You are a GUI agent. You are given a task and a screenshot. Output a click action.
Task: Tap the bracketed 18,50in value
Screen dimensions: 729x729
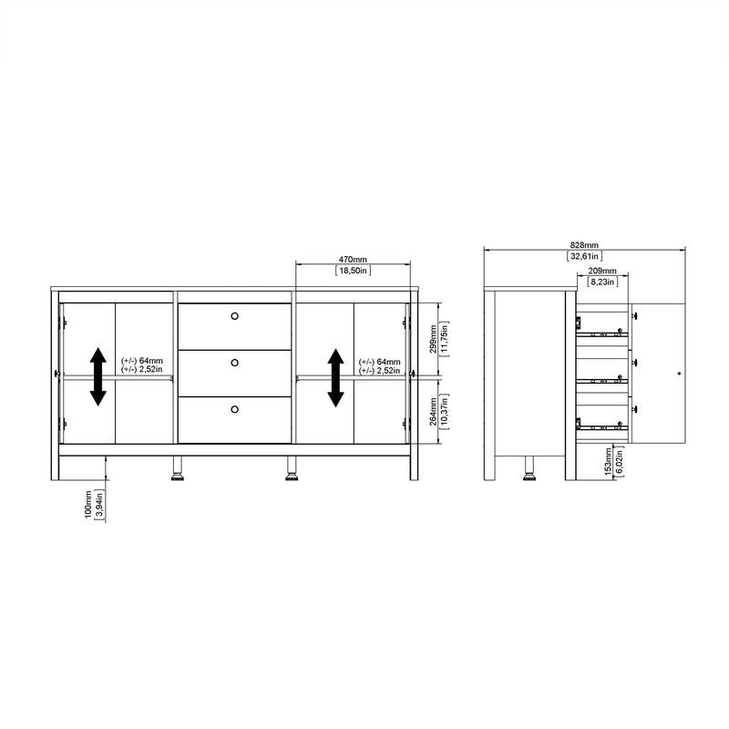[x=353, y=271]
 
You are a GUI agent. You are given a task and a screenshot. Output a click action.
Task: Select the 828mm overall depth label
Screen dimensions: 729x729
[x=584, y=245]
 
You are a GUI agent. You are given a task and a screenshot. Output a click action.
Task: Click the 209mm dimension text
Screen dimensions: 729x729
[x=601, y=272]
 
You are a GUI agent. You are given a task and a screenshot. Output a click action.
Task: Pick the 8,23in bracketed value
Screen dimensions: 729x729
[x=601, y=283]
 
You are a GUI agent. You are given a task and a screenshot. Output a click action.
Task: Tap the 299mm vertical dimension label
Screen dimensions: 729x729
[x=433, y=335]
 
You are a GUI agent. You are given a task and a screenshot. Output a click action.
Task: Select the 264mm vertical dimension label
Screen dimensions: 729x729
[x=433, y=411]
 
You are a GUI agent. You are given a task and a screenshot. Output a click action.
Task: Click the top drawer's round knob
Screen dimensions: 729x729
[x=234, y=316]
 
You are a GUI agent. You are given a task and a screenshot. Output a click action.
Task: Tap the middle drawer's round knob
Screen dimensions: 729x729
[x=234, y=363]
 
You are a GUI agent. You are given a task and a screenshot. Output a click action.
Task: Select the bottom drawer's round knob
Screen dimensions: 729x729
[x=234, y=410]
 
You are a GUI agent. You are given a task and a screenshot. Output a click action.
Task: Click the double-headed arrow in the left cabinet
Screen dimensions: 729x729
[x=98, y=376]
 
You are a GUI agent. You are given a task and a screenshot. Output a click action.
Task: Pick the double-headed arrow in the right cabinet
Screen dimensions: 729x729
[x=335, y=376]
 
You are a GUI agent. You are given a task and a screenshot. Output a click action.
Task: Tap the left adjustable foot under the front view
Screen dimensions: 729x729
[x=177, y=472]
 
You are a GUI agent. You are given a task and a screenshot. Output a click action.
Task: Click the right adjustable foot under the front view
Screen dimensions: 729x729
[x=292, y=472]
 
